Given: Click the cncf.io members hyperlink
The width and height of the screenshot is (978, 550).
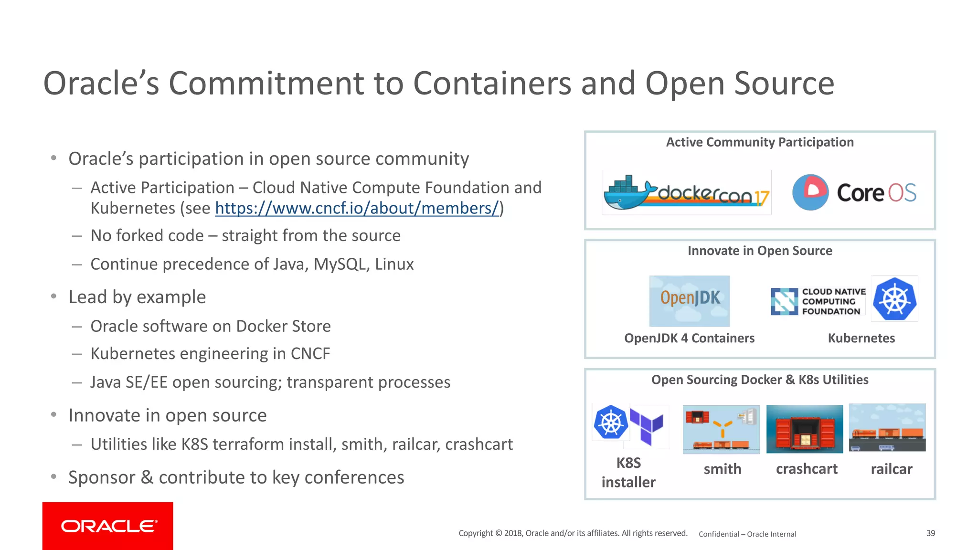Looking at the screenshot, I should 357,209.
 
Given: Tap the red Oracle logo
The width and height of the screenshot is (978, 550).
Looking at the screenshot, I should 108,526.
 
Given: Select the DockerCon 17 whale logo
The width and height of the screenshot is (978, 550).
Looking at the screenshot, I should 686,193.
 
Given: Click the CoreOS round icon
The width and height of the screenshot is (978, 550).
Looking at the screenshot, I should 810,192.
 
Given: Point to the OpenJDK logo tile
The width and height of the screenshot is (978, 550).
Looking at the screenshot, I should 689,301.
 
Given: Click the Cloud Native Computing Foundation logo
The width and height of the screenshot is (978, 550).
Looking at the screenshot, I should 818,301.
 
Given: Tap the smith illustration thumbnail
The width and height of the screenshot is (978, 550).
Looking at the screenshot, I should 721,429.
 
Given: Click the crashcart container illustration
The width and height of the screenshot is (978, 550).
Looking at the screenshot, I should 805,429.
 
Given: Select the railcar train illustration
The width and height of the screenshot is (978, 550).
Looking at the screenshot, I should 887,428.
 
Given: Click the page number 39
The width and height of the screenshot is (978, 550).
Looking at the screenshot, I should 931,533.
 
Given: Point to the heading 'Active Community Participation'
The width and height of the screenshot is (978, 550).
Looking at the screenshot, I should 760,142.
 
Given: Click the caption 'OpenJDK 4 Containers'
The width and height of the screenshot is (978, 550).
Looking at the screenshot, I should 689,338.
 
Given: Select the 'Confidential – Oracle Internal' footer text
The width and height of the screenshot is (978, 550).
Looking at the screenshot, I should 747,534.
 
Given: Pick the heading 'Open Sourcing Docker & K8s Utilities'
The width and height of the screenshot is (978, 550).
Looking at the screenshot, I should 760,380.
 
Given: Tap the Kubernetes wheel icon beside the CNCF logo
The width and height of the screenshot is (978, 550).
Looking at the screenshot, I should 894,299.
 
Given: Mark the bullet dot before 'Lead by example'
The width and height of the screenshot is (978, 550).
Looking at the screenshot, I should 54,296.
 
